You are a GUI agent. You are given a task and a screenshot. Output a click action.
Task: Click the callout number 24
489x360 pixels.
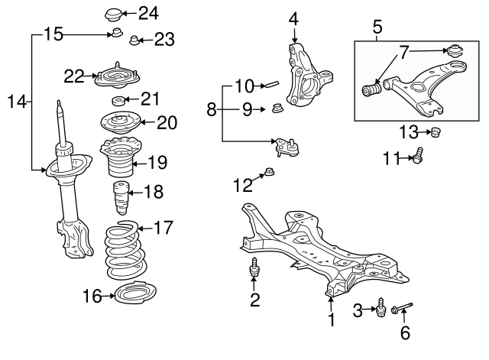tap(148, 14)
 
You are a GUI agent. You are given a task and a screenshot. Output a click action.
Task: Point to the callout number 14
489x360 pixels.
tap(17, 102)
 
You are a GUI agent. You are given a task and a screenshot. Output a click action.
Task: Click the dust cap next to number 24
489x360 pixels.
tap(114, 15)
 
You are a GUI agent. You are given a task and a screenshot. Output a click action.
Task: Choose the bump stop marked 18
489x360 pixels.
tap(121, 198)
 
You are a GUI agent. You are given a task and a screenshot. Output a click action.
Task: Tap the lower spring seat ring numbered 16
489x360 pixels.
tap(135, 293)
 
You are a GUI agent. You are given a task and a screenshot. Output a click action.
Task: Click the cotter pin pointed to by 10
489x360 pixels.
tap(271, 84)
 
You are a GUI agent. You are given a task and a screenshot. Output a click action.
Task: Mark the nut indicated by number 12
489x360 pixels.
tap(269, 171)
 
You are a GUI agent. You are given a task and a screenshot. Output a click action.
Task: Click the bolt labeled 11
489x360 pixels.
tap(418, 155)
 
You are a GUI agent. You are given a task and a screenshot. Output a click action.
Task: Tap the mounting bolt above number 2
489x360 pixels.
tap(254, 268)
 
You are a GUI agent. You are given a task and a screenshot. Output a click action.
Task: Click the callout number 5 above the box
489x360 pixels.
tap(377, 27)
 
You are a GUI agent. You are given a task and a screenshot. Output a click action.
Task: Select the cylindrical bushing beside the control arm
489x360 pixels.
tap(371, 89)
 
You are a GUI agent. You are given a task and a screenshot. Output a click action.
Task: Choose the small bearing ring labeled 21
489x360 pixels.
tap(119, 101)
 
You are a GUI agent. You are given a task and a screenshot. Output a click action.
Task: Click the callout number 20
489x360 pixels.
tap(167, 122)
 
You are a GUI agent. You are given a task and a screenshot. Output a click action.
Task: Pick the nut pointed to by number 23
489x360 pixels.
tap(134, 41)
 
